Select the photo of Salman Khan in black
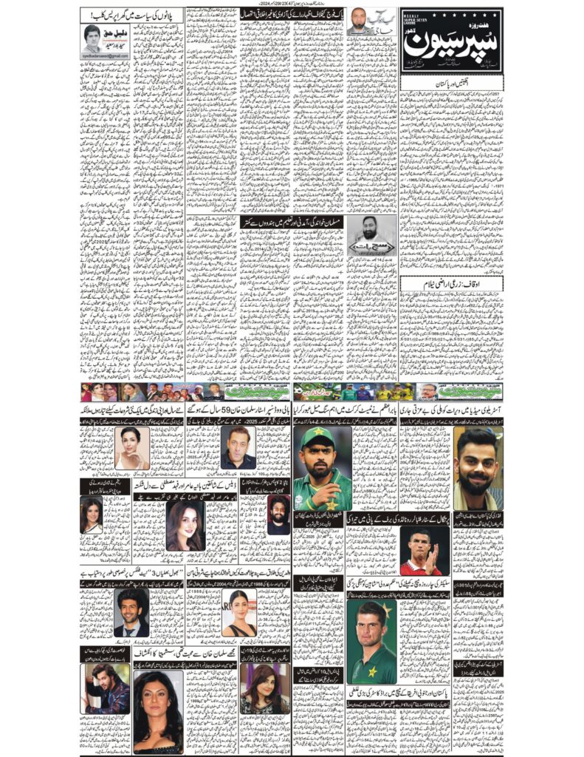[x=238, y=448]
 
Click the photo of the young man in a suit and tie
[x=131, y=612]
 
